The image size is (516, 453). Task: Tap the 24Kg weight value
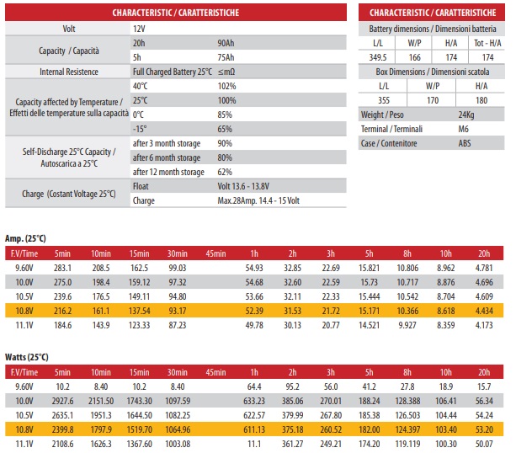pyautogui.click(x=465, y=115)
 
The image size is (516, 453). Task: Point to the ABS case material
pyautogui.click(x=465, y=143)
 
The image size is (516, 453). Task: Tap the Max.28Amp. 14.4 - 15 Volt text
pyautogui.click(x=258, y=201)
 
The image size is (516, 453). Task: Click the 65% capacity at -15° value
pyautogui.click(x=225, y=129)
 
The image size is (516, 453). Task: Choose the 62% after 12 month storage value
pyautogui.click(x=225, y=172)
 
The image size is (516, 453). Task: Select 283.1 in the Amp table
pyautogui.click(x=63, y=267)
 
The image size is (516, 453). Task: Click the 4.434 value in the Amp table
pyautogui.click(x=484, y=311)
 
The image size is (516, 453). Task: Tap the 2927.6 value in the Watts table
pyautogui.click(x=63, y=401)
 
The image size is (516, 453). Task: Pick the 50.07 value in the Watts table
pyautogui.click(x=484, y=444)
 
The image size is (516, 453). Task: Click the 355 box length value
pyautogui.click(x=383, y=100)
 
